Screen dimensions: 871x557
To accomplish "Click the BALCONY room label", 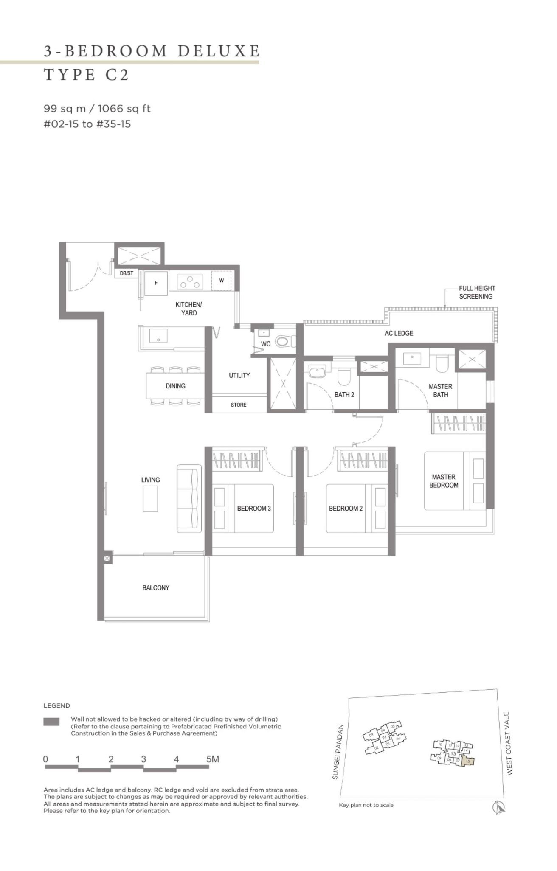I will coord(156,587).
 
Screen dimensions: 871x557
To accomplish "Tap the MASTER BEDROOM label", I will coord(444,481).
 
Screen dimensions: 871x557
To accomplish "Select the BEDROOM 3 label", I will coord(254,508).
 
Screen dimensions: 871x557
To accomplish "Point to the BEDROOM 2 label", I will coord(346,508).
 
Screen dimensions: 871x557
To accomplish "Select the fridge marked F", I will coord(156,283).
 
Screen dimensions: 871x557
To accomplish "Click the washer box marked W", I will coord(222,281).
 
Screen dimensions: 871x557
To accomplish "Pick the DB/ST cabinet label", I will coord(127,273).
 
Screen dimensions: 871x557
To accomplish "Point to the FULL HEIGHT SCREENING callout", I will coord(476,292).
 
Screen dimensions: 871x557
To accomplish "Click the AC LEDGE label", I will coord(399,333).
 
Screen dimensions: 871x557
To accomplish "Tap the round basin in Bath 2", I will coord(316,372).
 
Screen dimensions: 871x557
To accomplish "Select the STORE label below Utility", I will coord(239,405).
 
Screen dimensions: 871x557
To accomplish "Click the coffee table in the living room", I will coord(150,499).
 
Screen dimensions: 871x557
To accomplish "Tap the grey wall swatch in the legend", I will coord(51,722).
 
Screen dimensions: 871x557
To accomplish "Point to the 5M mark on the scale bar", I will coord(212,759).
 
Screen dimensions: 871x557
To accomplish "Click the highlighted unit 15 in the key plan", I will coord(467,761).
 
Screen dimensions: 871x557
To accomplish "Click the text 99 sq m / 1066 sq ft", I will coord(97,109).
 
